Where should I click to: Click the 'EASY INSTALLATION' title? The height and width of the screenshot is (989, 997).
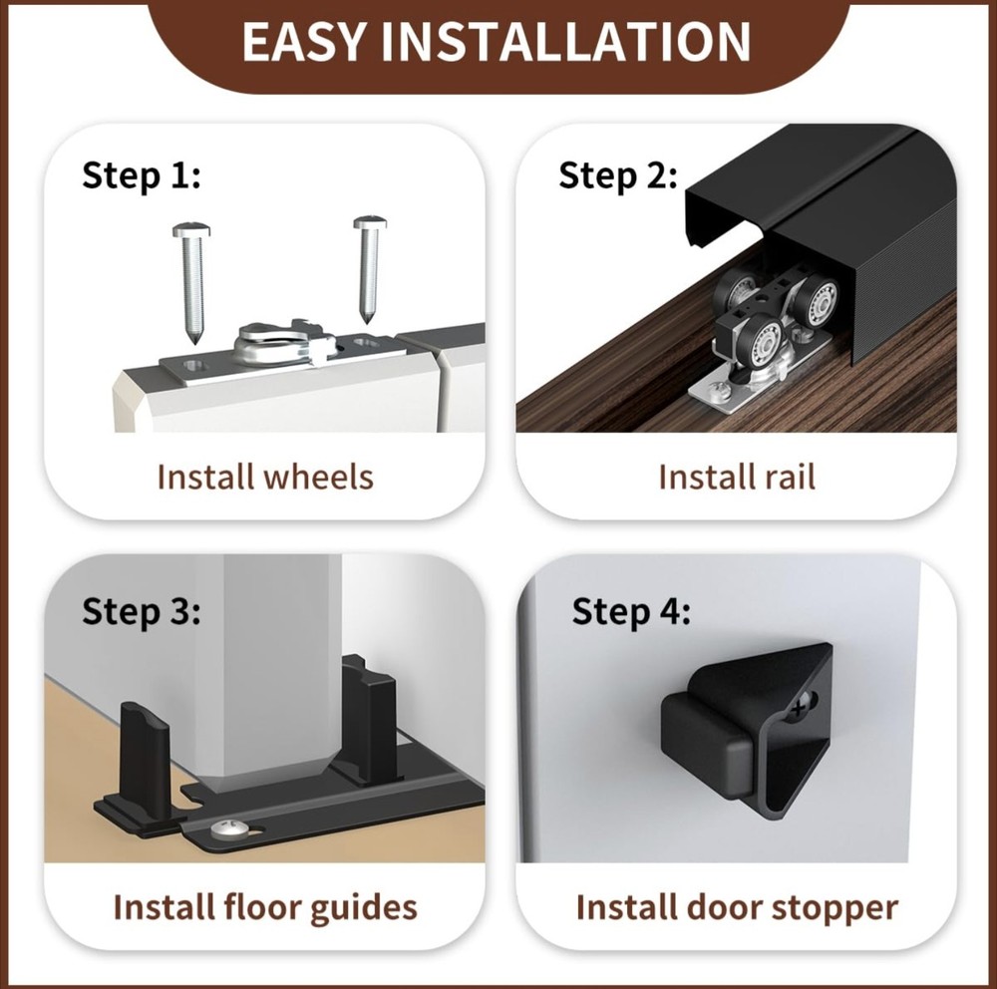[496, 41]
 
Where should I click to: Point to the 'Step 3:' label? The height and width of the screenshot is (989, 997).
[142, 611]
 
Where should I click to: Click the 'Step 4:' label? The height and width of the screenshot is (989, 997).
[631, 611]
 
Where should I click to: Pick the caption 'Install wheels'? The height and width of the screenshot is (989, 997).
[265, 477]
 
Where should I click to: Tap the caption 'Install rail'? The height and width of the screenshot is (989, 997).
[737, 477]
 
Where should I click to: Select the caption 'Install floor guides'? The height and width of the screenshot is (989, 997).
[265, 907]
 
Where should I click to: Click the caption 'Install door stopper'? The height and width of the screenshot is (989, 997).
[737, 907]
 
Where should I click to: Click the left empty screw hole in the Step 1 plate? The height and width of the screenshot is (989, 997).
[194, 366]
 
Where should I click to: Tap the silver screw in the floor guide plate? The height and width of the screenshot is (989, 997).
[225, 828]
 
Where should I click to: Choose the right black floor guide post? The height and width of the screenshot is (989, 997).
[369, 718]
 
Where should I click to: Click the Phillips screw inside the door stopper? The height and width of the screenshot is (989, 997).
[802, 706]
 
